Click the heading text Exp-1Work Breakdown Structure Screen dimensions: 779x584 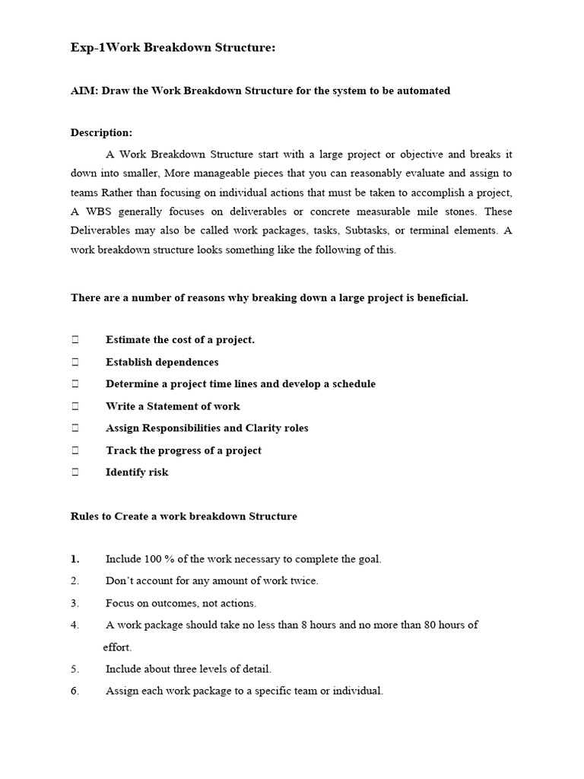[x=173, y=49]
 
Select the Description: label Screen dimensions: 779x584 [x=101, y=132]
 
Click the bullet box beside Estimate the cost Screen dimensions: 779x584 [x=75, y=340]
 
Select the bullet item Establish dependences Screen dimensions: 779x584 [x=161, y=362]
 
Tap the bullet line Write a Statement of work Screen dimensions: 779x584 [x=172, y=406]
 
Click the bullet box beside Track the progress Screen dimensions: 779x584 [x=75, y=450]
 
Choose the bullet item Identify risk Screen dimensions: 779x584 [x=137, y=472]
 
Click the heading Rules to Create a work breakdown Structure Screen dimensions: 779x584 [x=183, y=517]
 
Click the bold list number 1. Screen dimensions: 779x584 [x=75, y=559]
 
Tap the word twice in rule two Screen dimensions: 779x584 [x=302, y=581]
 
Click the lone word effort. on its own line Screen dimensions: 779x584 [x=117, y=647]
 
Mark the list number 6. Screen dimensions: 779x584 [x=75, y=692]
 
